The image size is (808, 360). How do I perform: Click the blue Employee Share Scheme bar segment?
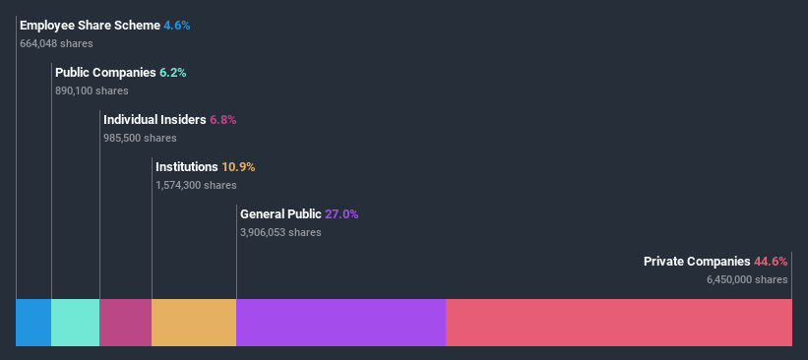(33, 323)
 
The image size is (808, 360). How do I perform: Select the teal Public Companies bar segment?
(75, 323)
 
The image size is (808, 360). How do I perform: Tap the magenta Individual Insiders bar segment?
(125, 323)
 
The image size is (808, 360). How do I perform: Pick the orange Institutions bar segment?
(194, 323)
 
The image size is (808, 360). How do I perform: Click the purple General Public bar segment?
(341, 323)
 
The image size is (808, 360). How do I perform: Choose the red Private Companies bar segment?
(618, 323)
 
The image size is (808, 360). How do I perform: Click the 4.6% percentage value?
(176, 26)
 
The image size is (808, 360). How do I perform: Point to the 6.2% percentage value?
(172, 73)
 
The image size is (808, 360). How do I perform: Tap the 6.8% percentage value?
(222, 120)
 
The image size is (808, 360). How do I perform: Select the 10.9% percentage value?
(237, 167)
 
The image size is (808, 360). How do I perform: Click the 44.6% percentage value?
(771, 262)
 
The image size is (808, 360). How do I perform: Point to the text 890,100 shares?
(92, 90)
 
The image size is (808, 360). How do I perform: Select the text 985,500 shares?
(140, 138)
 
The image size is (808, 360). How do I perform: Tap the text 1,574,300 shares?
(196, 185)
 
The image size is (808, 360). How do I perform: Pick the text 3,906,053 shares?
(280, 232)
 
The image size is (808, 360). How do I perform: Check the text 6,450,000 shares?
(747, 279)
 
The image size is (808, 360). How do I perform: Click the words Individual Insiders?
(155, 120)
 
